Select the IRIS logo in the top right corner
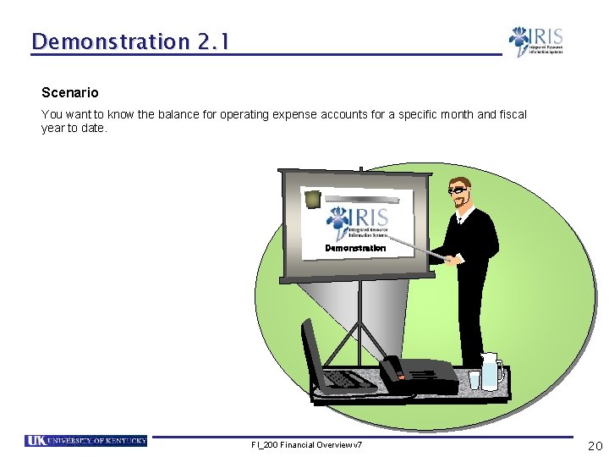[x=535, y=41]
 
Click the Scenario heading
[x=70, y=92]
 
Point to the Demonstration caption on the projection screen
[x=355, y=249]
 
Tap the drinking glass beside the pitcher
[x=475, y=379]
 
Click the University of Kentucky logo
[x=85, y=440]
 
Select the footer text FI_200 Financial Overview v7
[x=306, y=444]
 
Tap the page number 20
[x=595, y=445]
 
